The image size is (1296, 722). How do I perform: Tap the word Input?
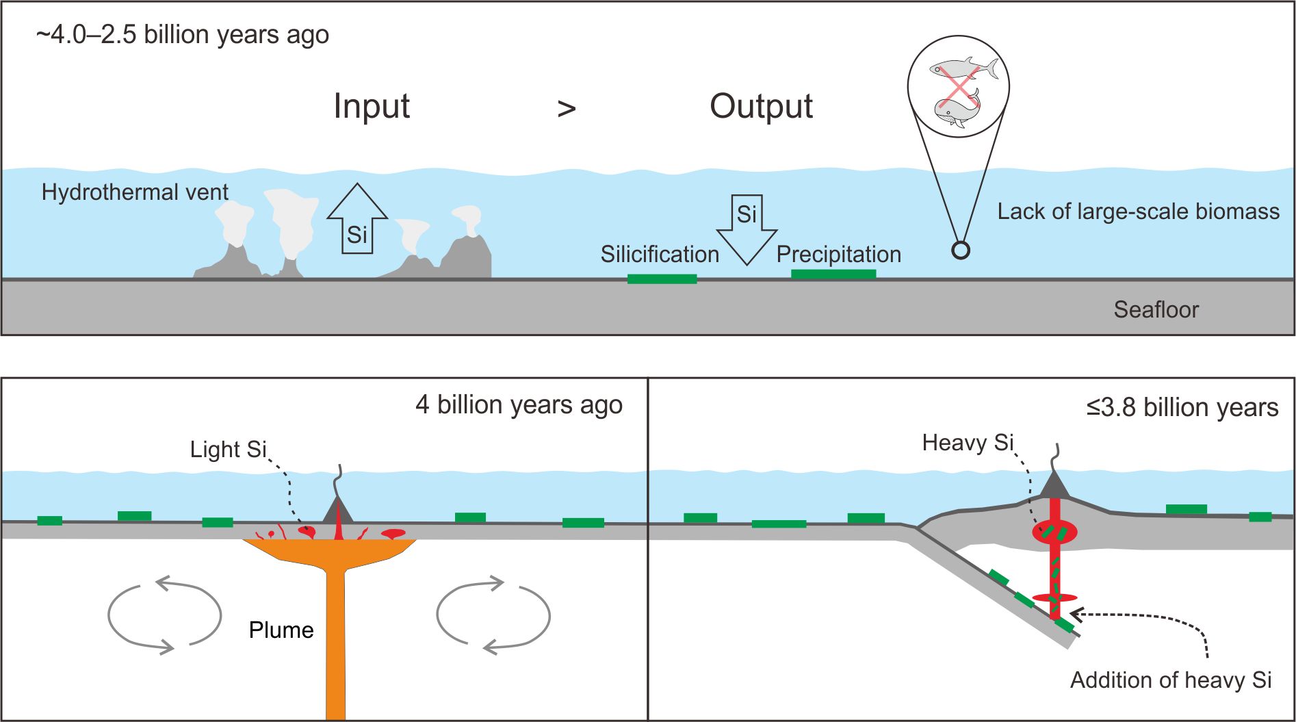tap(372, 107)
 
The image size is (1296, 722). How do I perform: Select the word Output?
tap(761, 107)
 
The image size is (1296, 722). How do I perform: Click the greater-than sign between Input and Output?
tap(567, 108)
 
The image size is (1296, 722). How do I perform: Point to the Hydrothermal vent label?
tap(135, 192)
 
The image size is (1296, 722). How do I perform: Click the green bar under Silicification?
tap(662, 279)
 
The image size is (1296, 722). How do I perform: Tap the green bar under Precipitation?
tap(833, 274)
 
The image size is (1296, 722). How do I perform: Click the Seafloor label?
tap(1156, 310)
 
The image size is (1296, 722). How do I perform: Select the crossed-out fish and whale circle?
tap(958, 87)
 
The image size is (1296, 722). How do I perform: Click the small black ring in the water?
tap(961, 250)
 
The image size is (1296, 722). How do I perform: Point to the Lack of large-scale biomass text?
tap(1138, 211)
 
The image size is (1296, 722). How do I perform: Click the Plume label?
tap(281, 630)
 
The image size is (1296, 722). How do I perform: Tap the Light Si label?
tap(228, 450)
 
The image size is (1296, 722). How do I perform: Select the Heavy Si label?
tap(968, 443)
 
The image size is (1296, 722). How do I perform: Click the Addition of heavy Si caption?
tap(1171, 680)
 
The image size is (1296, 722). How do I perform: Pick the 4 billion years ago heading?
tap(519, 405)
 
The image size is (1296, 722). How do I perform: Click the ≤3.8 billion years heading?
tap(1182, 407)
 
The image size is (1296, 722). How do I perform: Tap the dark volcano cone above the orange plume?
tap(337, 511)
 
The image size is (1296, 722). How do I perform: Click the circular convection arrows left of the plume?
tap(164, 615)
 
